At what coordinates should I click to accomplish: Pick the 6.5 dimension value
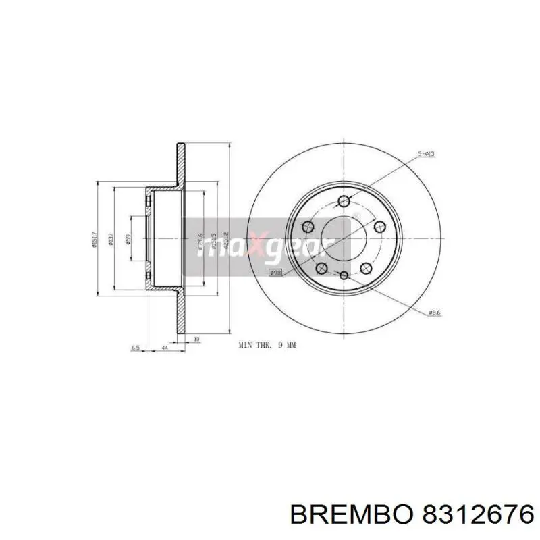135,348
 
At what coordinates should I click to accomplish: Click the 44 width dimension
165,348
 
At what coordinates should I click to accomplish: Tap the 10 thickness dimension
196,338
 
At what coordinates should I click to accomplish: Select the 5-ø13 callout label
427,155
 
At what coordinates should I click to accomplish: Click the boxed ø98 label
275,273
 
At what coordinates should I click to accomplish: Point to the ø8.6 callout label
435,312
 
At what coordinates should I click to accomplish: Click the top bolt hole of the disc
344,200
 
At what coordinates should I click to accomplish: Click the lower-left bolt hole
322,268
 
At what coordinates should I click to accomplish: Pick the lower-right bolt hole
367,268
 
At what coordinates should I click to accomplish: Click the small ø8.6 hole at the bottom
344,276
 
